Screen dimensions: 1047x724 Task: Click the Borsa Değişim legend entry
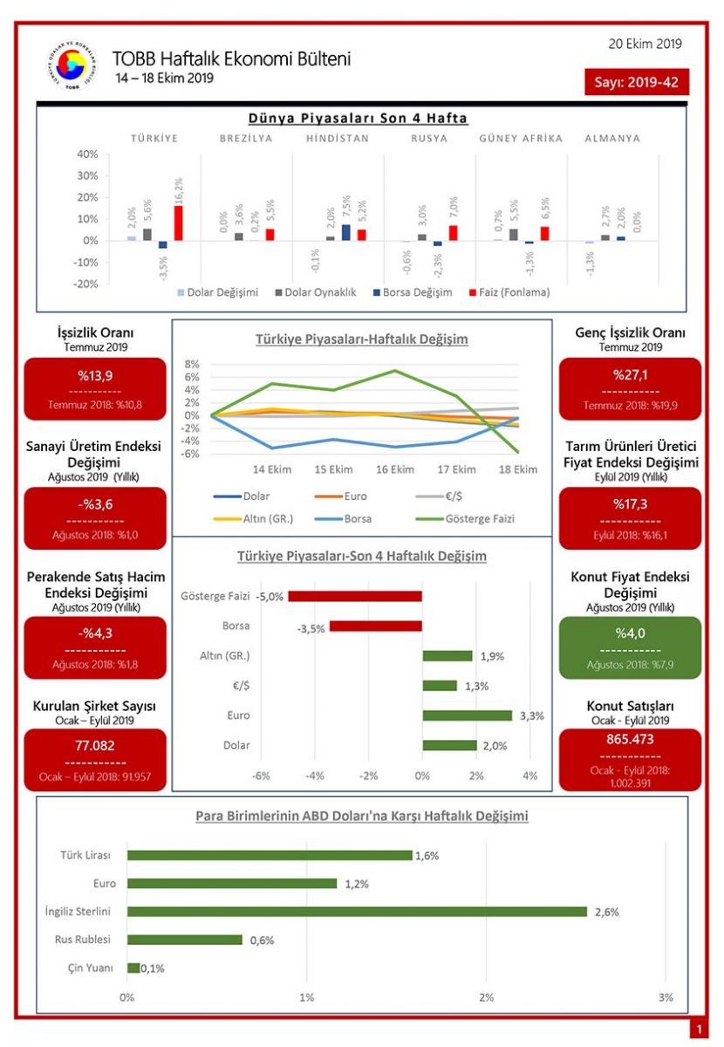tap(411, 292)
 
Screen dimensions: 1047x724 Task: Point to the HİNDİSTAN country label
tap(338, 138)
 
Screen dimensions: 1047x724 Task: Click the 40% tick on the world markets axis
tap(86, 154)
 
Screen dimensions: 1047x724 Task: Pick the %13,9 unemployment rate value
tap(95, 375)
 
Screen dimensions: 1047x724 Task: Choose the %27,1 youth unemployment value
tap(630, 375)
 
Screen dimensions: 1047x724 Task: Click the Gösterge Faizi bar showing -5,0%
tap(355, 597)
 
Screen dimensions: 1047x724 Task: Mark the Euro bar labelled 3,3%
tap(467, 715)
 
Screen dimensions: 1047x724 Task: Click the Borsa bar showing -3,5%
tap(375, 626)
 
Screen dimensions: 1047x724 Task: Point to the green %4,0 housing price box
tap(630, 647)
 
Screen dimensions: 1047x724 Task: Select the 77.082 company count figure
tap(95, 746)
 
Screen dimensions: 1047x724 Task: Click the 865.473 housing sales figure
tap(630, 740)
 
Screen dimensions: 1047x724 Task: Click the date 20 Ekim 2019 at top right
tap(645, 44)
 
